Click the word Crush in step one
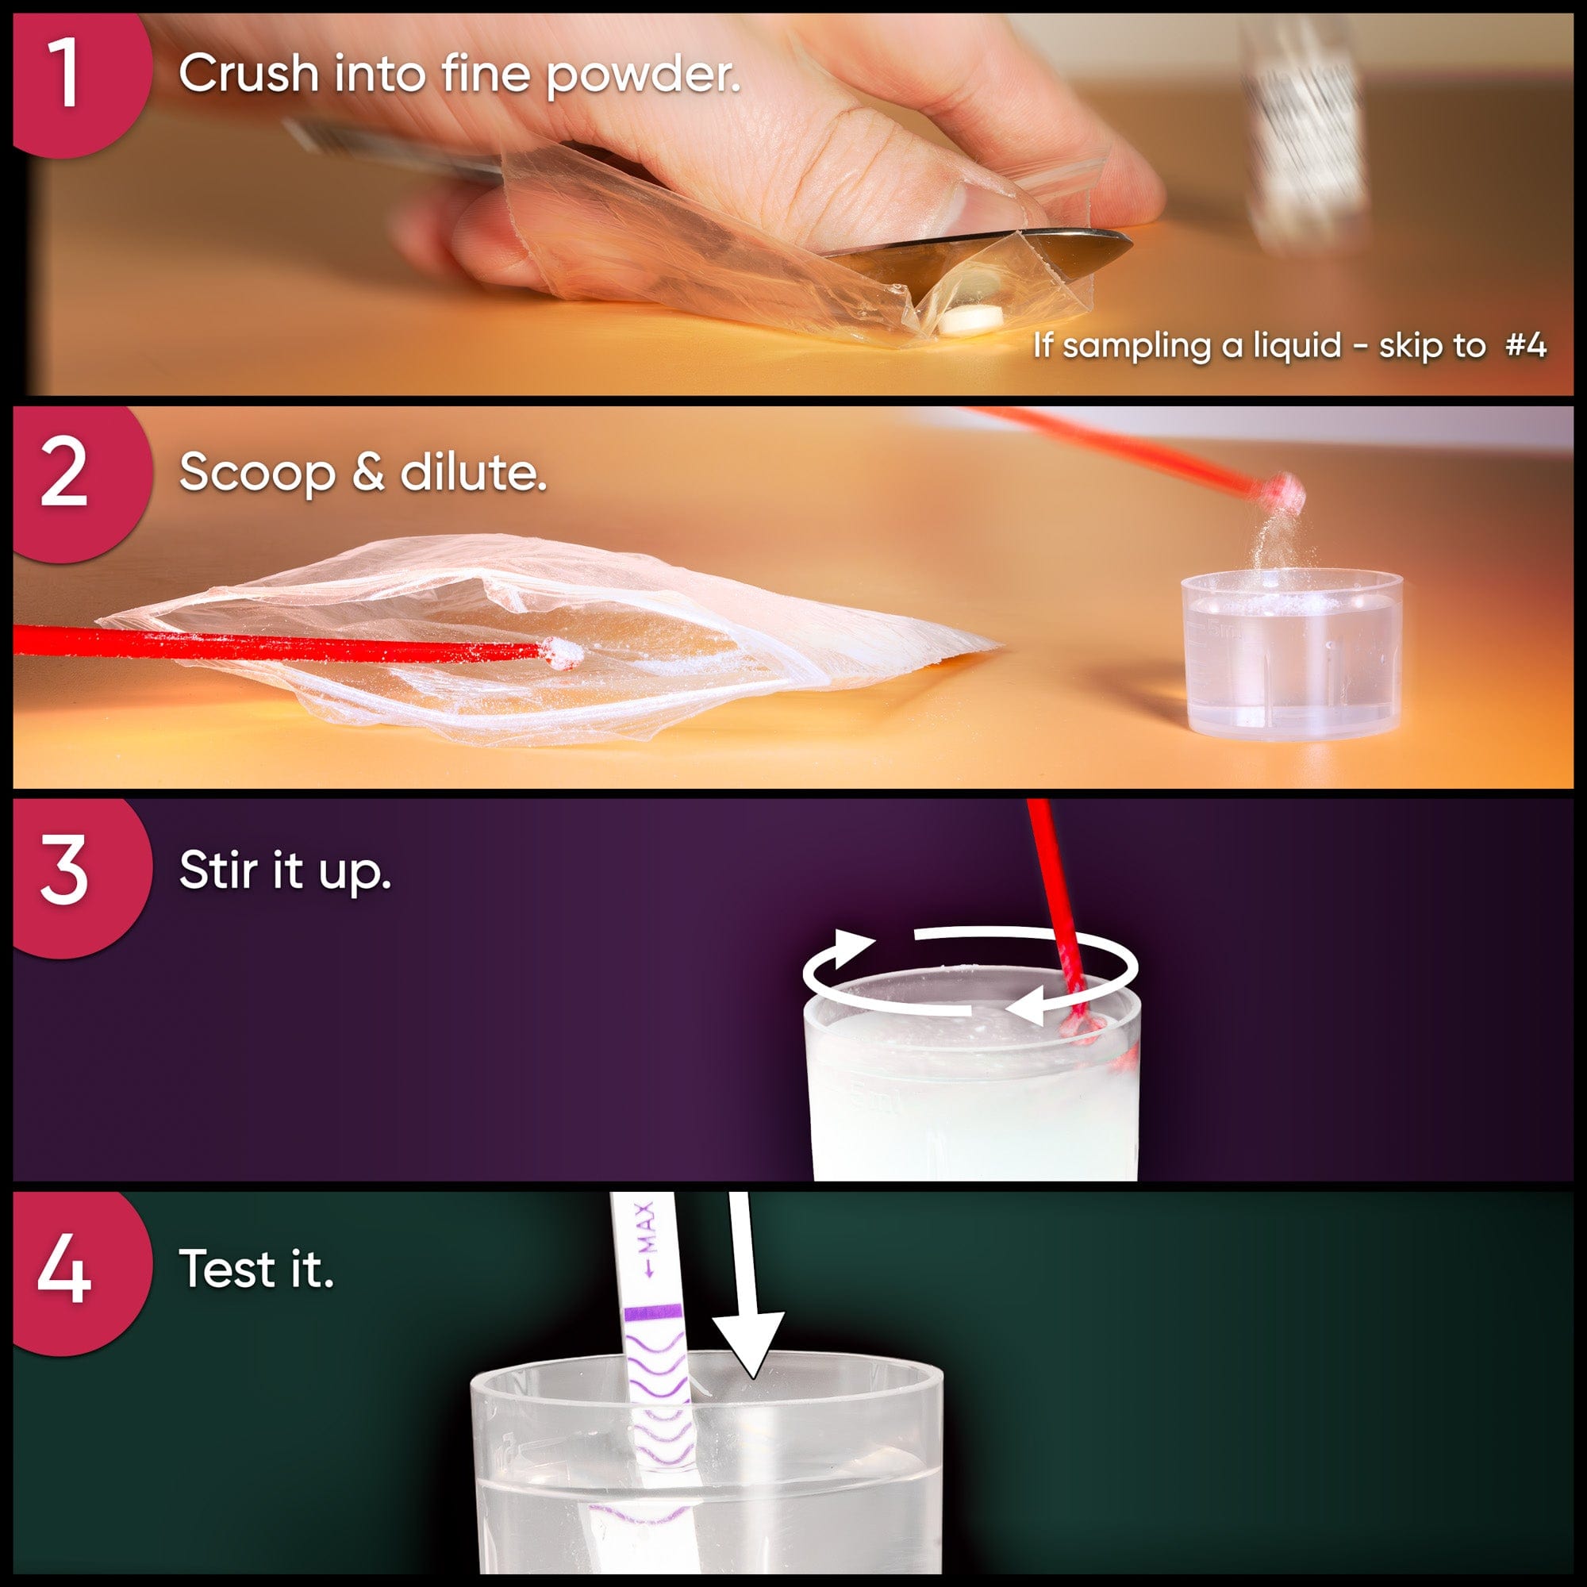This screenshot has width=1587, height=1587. coord(249,73)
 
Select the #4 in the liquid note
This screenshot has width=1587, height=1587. coord(1526,345)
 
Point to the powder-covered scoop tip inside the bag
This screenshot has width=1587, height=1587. coord(563,653)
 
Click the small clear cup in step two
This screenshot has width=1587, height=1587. coord(1290,653)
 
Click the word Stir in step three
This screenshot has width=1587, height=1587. coord(218,870)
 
